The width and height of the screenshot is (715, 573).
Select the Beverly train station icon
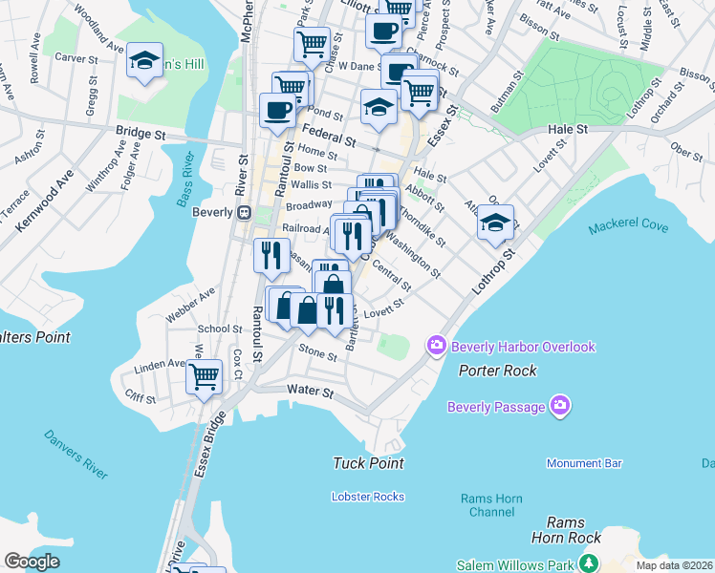point(244,212)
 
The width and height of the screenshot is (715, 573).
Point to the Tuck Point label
point(368,463)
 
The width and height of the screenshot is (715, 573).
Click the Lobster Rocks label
point(367,497)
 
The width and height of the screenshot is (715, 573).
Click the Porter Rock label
point(497,370)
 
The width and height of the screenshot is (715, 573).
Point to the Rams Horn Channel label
point(487,505)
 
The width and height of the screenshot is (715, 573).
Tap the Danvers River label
point(76,454)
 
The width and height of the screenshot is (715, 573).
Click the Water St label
point(310,392)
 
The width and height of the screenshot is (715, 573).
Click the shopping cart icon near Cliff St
point(204,376)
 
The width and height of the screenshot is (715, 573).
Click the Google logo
point(32,562)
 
